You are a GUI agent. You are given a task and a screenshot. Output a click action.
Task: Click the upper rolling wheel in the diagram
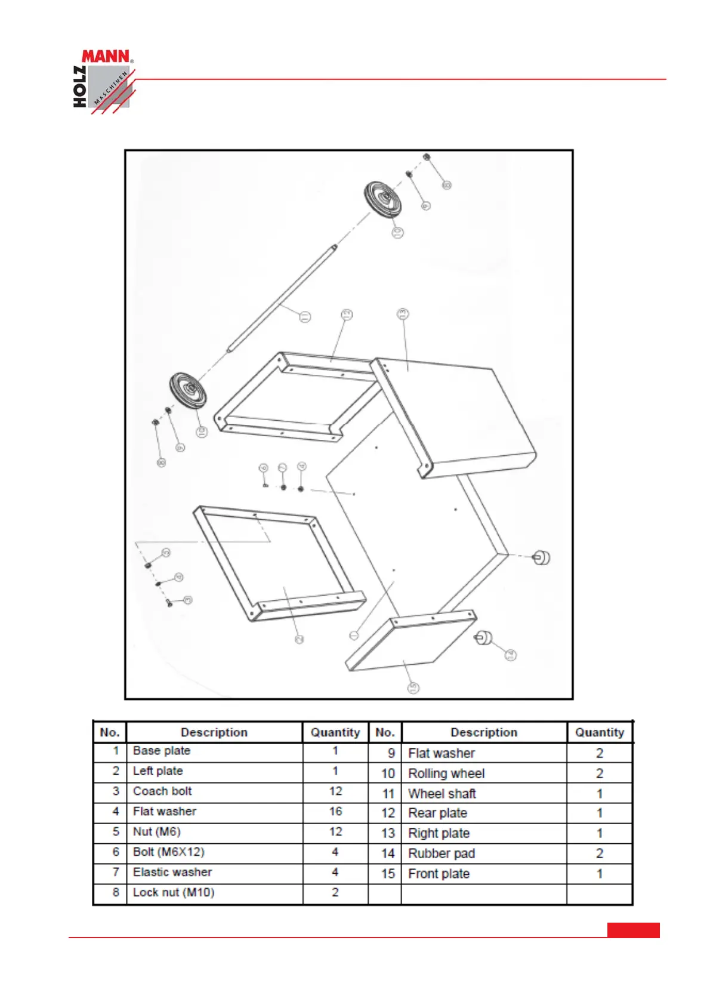(382, 199)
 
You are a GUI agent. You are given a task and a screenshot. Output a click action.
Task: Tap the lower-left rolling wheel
(188, 390)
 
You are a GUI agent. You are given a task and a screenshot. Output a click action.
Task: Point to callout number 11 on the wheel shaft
(305, 316)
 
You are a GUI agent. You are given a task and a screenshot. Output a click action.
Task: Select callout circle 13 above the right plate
(403, 313)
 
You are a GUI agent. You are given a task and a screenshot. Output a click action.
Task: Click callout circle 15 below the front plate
(413, 688)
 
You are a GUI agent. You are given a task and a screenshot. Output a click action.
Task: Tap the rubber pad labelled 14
(484, 639)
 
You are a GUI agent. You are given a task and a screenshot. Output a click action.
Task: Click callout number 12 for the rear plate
(347, 315)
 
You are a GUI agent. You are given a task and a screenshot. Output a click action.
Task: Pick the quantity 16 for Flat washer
(335, 812)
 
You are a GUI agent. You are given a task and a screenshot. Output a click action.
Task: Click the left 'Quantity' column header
(335, 732)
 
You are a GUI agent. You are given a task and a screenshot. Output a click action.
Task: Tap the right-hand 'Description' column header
(484, 732)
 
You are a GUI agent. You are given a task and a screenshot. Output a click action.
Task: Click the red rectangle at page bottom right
(633, 930)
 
